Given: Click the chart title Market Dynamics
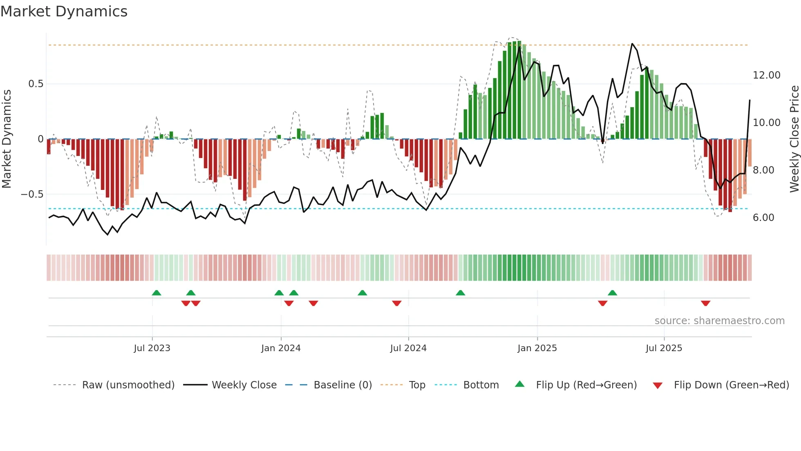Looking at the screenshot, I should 64,11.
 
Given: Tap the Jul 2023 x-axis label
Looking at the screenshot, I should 152,348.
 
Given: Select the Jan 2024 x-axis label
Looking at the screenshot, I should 281,348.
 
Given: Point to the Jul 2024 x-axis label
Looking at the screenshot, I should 408,348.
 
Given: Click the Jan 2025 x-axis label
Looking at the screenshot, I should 537,348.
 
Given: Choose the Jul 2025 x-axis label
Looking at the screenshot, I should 664,348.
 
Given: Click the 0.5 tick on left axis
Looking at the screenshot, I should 36,84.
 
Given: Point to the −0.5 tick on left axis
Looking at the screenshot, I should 32,194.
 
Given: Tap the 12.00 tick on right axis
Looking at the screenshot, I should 766,75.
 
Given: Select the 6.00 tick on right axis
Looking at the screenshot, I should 763,218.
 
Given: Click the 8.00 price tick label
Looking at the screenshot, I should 763,170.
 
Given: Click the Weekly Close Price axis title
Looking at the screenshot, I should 794,139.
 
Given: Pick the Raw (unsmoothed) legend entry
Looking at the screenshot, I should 128,385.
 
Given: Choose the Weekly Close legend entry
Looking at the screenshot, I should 244,385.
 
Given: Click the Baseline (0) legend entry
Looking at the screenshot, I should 342,385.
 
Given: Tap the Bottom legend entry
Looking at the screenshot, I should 481,385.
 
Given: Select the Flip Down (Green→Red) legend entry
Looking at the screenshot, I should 731,385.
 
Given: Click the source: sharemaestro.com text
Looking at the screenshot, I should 719,321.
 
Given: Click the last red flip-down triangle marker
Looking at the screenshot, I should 705,303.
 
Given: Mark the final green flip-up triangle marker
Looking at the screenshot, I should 612,293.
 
